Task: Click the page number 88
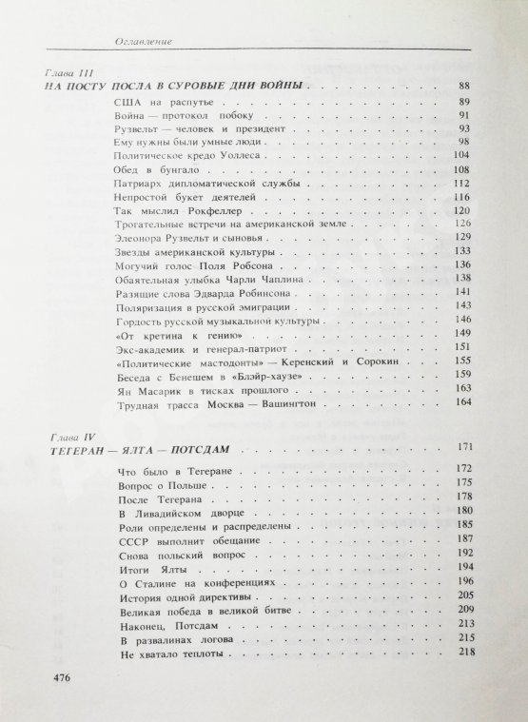click(464, 87)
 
